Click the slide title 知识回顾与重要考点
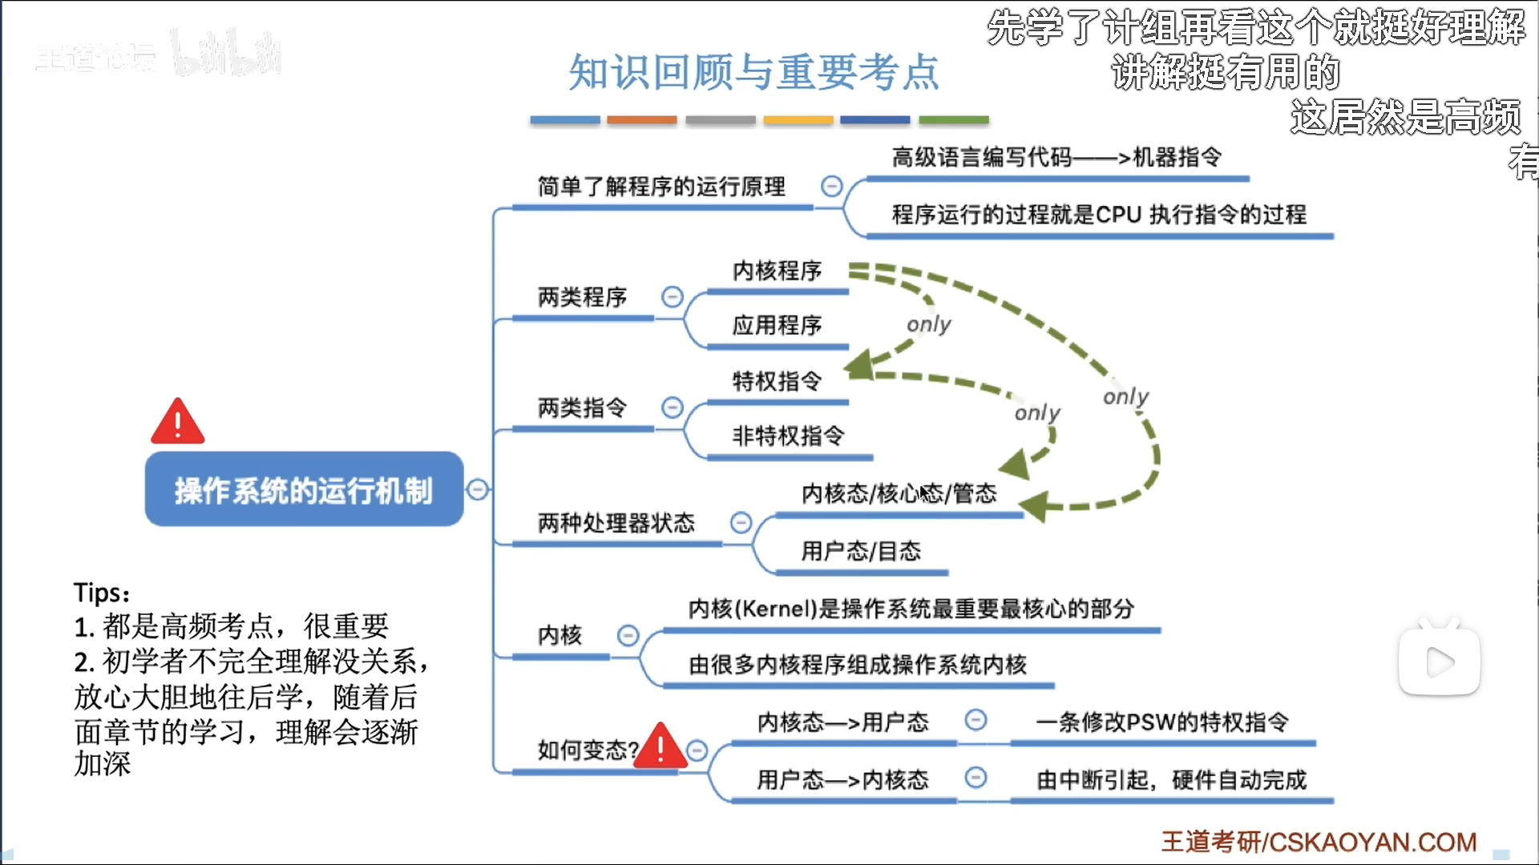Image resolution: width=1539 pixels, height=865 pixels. point(753,72)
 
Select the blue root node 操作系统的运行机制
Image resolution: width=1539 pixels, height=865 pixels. point(304,490)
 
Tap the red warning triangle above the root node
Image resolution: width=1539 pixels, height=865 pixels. point(178,422)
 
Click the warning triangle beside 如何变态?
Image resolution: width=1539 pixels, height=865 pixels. point(660,747)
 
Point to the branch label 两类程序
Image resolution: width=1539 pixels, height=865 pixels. point(582,297)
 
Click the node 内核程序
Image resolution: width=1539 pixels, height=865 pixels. point(777,271)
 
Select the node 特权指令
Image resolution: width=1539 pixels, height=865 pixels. point(777,381)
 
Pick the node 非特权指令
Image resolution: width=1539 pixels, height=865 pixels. point(788,436)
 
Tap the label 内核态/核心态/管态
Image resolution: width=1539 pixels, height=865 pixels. point(899,493)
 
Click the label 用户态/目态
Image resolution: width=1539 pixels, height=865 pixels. point(861,551)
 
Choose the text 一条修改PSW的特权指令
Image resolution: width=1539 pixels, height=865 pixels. point(1162,722)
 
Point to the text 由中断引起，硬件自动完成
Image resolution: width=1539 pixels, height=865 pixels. point(1171,780)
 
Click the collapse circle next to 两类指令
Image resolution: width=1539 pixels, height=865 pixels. point(673,408)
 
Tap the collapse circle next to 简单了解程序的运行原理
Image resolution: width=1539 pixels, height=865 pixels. point(832,187)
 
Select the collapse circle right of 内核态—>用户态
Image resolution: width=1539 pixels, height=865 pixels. point(976,720)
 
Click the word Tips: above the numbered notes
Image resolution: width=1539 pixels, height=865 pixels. point(102,593)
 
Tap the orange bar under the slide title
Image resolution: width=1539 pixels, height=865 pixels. point(641,120)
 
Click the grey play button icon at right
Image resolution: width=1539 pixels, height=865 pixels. point(1440,662)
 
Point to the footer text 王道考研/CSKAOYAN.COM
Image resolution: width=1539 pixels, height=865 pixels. point(1319,842)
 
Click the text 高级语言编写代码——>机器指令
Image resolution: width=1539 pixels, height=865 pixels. point(1056,158)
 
